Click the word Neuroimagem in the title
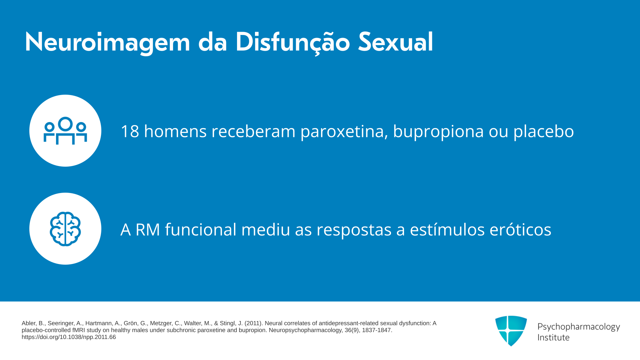(107, 43)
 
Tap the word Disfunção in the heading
(293, 43)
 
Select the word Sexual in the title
(396, 42)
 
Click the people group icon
(65, 131)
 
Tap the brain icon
(65, 229)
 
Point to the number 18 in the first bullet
(130, 131)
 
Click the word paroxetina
(344, 131)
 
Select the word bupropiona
(438, 131)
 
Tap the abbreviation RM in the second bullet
(148, 230)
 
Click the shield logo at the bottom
(511, 331)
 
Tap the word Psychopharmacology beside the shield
(579, 327)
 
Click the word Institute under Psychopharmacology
(553, 337)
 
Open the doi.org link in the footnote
(69, 337)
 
